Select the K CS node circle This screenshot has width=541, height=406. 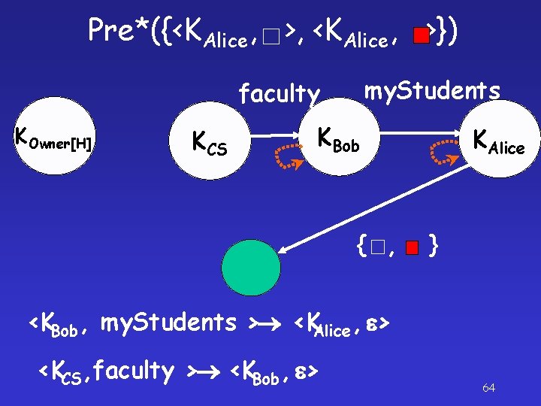[210, 141]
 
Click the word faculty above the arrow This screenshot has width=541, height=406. [279, 94]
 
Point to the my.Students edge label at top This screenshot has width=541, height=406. [432, 90]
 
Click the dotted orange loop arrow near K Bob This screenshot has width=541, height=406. [288, 153]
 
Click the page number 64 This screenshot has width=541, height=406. [488, 388]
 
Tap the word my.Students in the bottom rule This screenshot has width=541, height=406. [168, 323]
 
